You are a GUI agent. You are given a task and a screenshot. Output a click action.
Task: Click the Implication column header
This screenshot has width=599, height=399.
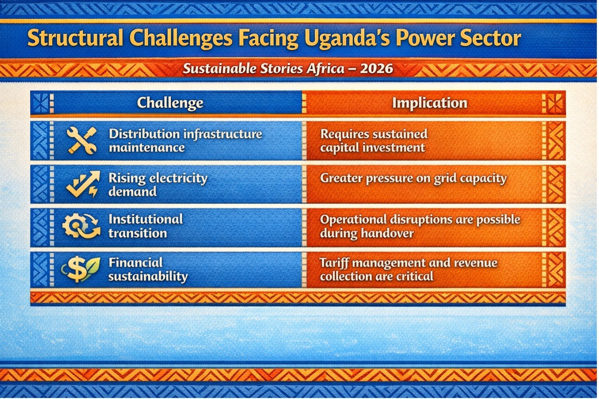click(429, 103)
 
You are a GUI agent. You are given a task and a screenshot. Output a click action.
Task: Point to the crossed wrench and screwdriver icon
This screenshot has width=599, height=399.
click(81, 141)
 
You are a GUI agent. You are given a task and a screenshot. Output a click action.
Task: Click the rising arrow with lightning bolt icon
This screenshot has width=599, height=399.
click(83, 184)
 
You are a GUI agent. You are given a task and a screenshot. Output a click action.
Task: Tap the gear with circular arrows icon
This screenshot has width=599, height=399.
click(81, 226)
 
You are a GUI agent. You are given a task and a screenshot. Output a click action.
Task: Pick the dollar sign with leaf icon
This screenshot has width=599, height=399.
click(81, 269)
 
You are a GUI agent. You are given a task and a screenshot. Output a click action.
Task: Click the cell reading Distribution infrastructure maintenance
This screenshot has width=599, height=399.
click(185, 141)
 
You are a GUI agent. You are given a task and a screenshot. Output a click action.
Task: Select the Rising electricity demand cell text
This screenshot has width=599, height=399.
click(158, 184)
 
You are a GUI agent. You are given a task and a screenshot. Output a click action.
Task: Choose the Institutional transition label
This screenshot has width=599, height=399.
click(146, 226)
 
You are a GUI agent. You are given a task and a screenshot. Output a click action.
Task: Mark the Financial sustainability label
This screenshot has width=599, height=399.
click(148, 270)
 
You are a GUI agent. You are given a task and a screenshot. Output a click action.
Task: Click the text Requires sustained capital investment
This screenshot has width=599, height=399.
click(374, 141)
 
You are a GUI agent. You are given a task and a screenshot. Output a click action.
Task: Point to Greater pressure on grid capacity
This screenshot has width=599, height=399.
click(413, 178)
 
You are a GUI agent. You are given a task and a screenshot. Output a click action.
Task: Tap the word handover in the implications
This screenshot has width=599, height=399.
click(387, 233)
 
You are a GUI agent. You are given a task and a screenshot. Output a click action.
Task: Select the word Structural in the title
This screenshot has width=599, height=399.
click(75, 38)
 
